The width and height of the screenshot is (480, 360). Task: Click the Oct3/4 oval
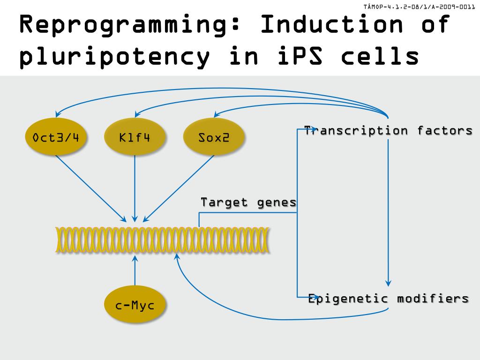click(56, 137)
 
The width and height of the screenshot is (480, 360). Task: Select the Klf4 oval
click(135, 137)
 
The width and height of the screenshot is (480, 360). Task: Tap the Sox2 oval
click(214, 137)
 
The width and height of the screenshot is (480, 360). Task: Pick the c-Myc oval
click(135, 305)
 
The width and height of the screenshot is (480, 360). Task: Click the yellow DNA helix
click(162, 240)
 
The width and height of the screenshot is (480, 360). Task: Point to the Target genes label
click(248, 202)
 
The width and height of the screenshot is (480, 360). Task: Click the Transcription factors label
click(388, 130)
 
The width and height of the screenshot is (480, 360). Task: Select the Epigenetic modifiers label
click(388, 299)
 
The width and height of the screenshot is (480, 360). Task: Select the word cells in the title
click(380, 56)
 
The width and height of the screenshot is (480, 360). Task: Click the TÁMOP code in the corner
click(419, 7)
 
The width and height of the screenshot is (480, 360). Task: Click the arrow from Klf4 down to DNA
click(135, 187)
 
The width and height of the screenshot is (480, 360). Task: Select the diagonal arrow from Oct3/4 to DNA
click(90, 188)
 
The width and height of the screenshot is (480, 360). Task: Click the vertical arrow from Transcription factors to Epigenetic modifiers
click(388, 211)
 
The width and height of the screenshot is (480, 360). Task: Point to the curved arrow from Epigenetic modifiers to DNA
click(234, 309)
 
